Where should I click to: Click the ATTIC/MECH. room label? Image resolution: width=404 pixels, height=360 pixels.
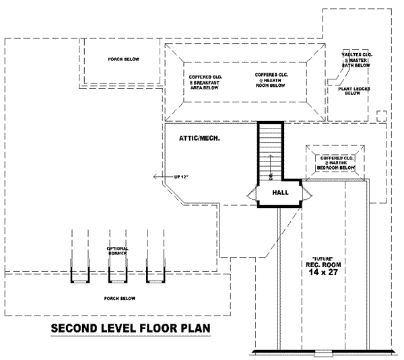click(200, 138)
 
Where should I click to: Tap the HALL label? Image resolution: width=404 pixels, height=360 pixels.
click(281, 193)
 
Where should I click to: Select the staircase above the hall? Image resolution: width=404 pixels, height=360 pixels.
click(269, 151)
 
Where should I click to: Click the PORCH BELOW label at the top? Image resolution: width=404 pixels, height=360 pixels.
click(123, 60)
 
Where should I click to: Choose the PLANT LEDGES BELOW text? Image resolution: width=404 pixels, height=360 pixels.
click(352, 90)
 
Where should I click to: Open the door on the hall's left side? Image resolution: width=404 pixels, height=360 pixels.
click(252, 194)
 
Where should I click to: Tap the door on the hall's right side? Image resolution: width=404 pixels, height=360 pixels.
click(308, 194)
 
